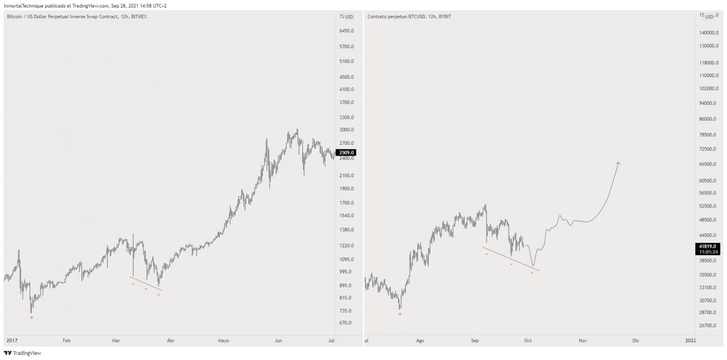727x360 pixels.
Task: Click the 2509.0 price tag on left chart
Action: coord(345,153)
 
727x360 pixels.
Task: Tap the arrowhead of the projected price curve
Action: coord(618,163)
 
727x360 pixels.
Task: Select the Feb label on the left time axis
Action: coord(66,340)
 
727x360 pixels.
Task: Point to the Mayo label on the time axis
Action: coord(223,340)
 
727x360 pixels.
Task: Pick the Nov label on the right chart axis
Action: coord(582,340)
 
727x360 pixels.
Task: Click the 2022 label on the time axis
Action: coord(690,340)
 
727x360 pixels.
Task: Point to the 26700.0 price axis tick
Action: coord(709,325)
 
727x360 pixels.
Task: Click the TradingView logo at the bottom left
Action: coord(16,353)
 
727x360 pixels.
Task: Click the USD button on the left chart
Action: coord(349,17)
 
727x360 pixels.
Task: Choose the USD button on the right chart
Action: coord(709,17)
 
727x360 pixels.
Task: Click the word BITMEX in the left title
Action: coord(139,17)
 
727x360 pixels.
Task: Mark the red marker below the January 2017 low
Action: coord(32,318)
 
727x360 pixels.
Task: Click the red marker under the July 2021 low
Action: coord(400,314)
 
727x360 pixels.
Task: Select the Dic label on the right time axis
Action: coord(636,340)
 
